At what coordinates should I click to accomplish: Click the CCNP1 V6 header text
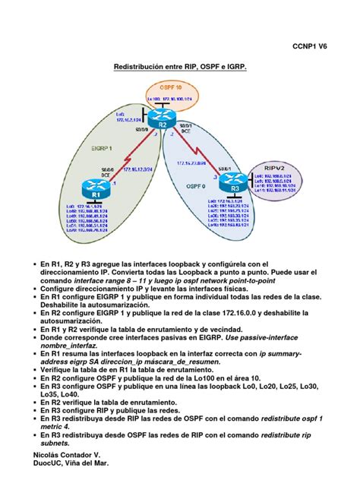point(314,46)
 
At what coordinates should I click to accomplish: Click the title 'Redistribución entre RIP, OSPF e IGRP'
point(180,67)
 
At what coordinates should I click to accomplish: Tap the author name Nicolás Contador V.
point(63,452)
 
